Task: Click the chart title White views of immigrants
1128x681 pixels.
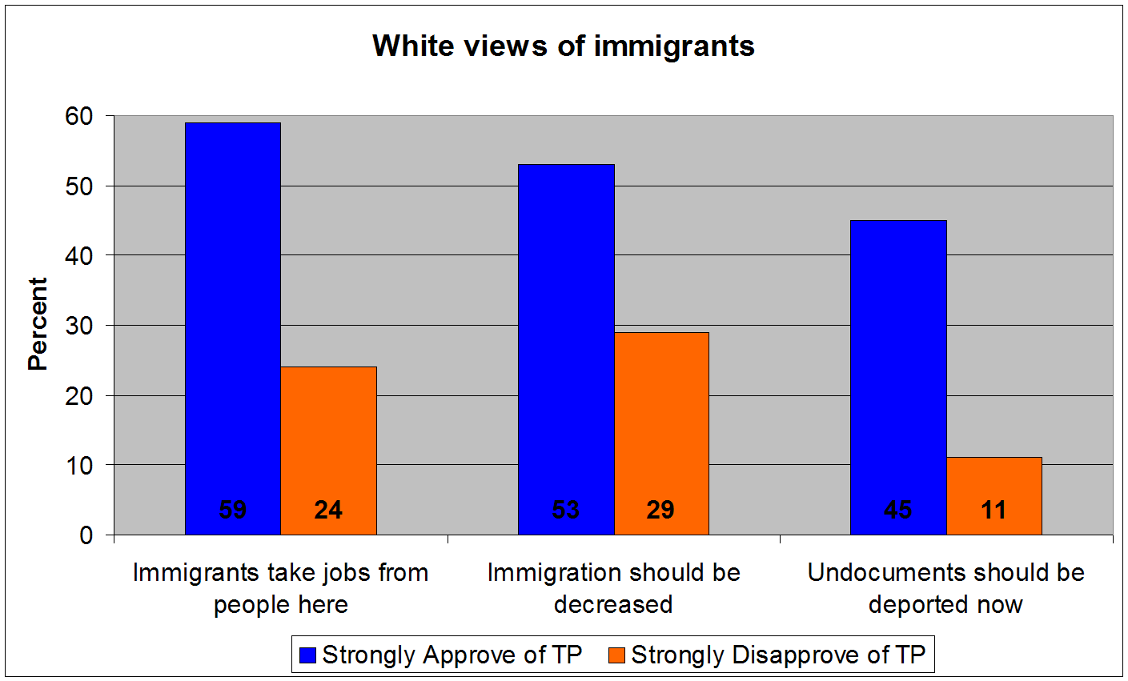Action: [564, 46]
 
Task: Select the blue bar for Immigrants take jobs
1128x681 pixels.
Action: [233, 320]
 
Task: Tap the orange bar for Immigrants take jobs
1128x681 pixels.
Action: [328, 440]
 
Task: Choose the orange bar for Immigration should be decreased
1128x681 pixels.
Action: [661, 424]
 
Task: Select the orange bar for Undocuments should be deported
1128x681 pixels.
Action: [994, 484]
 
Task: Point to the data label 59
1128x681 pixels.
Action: [233, 510]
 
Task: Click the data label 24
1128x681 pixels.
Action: [328, 510]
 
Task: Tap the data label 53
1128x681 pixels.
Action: [566, 510]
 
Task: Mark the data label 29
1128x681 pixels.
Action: [660, 510]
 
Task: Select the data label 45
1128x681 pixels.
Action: [898, 510]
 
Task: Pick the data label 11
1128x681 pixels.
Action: [994, 510]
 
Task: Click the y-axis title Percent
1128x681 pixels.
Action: [38, 324]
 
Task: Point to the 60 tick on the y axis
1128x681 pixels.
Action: [79, 117]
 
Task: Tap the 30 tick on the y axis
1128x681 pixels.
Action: [79, 326]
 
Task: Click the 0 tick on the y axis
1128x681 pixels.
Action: [86, 535]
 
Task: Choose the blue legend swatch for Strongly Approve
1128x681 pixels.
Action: [307, 655]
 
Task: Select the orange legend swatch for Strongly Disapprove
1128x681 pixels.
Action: [616, 655]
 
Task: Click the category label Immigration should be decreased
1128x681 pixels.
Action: [613, 588]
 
